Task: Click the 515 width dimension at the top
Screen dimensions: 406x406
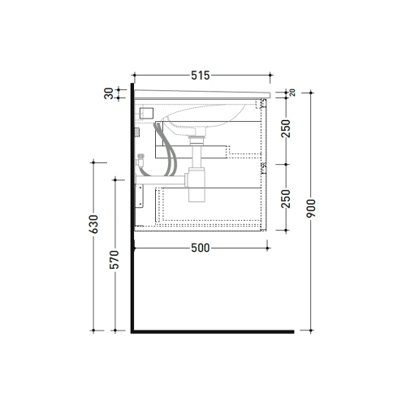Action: [201, 76]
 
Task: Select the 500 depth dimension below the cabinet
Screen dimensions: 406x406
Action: [201, 248]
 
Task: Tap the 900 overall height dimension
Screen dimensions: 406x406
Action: [311, 209]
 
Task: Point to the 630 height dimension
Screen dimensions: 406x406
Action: [93, 224]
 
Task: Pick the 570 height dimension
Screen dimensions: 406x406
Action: [114, 260]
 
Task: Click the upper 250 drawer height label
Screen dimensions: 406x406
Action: [286, 128]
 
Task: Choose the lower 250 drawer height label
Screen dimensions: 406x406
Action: [286, 199]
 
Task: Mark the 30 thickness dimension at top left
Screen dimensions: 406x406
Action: [109, 93]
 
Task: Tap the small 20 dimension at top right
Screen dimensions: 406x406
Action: [292, 93]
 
